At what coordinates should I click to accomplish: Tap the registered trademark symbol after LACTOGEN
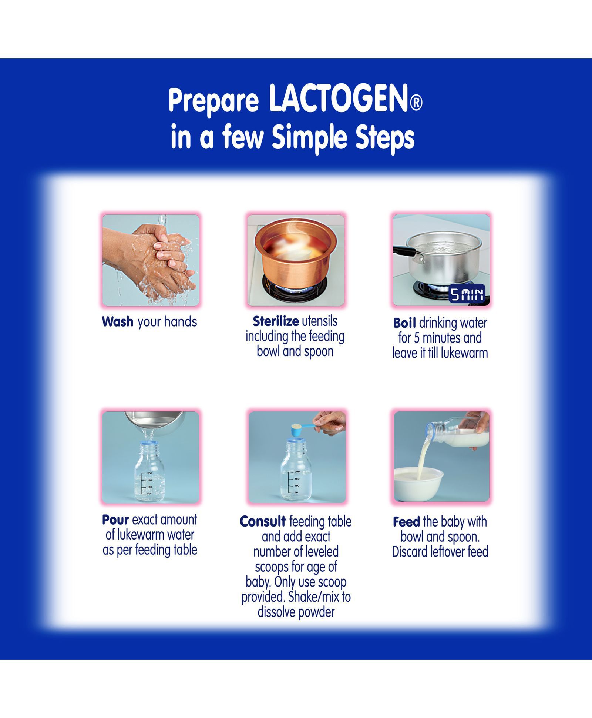416,103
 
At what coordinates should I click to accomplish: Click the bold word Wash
117,321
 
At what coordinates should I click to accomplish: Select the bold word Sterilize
276,321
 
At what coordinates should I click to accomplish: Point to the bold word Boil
404,323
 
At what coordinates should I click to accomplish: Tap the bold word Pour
115,520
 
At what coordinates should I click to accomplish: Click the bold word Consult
263,521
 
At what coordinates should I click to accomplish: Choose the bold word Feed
406,522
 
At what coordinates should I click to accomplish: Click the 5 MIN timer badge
467,294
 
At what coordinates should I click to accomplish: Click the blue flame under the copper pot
295,287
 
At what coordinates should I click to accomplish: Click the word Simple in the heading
312,137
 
